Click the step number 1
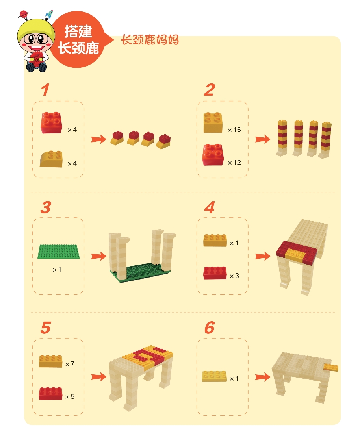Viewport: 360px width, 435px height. (x=45, y=90)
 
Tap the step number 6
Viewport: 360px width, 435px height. (x=210, y=328)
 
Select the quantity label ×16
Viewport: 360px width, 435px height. (x=234, y=130)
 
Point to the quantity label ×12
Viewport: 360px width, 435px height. (x=234, y=163)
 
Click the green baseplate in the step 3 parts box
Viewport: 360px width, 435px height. (x=58, y=252)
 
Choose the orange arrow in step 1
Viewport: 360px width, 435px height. (x=98, y=139)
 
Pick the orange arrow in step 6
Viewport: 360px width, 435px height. (x=263, y=377)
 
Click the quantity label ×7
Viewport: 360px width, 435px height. (x=70, y=364)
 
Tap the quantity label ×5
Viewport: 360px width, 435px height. (x=70, y=397)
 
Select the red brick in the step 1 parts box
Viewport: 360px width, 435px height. (x=52, y=122)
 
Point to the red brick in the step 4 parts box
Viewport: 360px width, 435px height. (x=215, y=273)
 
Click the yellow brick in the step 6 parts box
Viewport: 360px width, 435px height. (x=214, y=376)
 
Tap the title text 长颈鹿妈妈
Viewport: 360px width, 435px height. (x=150, y=40)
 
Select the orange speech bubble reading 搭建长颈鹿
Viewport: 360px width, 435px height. (x=80, y=39)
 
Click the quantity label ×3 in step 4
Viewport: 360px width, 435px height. (x=234, y=276)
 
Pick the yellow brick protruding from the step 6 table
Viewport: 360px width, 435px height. (x=331, y=368)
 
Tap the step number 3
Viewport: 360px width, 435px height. (x=46, y=207)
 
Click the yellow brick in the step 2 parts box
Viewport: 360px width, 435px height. (x=213, y=122)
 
